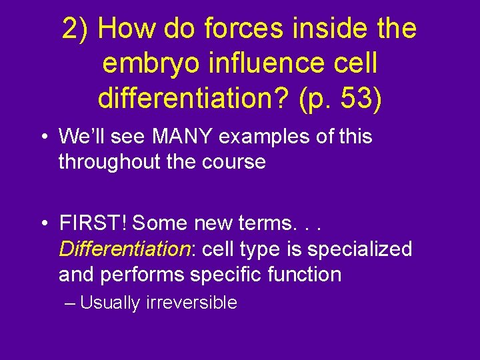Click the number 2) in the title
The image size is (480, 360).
pos(77,29)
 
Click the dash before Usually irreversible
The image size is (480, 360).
pos(71,303)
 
